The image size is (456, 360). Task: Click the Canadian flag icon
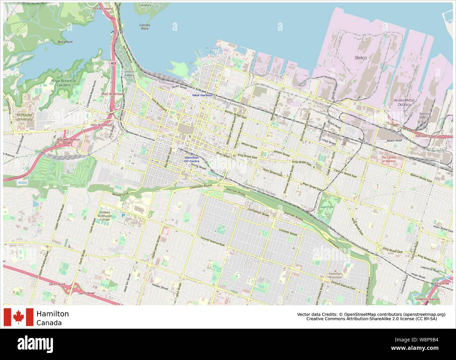tap(18, 317)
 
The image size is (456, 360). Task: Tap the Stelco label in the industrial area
tap(361, 57)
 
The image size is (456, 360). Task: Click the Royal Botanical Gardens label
tap(63, 83)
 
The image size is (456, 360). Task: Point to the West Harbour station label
tap(202, 95)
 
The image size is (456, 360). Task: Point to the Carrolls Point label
tap(145, 27)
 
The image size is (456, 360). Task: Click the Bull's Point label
tap(65, 42)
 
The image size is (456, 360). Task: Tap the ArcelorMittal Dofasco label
tap(404, 102)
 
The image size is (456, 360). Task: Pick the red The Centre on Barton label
tap(388, 159)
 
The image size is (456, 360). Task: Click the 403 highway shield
tap(113, 63)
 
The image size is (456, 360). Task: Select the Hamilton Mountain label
tap(335, 275)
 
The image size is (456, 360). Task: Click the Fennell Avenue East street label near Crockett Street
tap(212, 242)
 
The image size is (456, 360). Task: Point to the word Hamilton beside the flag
tap(53, 314)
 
